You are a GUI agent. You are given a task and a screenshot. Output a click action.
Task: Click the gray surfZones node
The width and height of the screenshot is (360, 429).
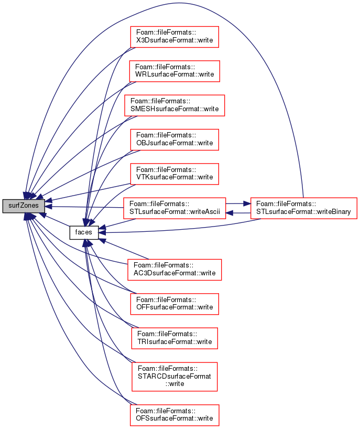click(24, 206)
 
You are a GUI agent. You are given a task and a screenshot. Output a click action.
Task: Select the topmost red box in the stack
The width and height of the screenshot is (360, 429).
click(174, 37)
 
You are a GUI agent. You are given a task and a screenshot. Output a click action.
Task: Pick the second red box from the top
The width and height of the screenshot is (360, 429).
click(174, 71)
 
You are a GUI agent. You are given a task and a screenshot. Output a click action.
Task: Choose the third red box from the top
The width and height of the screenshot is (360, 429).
click(174, 105)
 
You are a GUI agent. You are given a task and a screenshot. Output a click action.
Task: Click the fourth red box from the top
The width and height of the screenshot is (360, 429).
click(174, 140)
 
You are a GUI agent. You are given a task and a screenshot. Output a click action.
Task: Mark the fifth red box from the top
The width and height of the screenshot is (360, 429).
click(174, 174)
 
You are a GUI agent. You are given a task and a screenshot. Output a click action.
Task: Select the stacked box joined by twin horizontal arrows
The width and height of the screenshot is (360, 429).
click(174, 208)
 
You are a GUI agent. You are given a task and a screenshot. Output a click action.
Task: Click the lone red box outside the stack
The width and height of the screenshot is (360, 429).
click(303, 208)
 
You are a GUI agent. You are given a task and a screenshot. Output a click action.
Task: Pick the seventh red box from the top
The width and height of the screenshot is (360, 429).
click(174, 270)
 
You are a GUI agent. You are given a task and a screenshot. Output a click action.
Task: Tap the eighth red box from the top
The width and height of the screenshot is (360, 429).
click(174, 304)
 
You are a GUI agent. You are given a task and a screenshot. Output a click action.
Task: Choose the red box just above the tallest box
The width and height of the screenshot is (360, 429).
click(174, 338)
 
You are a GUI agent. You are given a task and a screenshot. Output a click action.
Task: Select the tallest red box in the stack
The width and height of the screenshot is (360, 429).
click(174, 377)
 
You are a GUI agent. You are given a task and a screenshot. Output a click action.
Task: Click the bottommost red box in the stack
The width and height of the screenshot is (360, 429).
click(174, 415)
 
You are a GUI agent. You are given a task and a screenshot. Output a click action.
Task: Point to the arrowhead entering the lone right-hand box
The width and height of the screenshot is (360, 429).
click(247, 203)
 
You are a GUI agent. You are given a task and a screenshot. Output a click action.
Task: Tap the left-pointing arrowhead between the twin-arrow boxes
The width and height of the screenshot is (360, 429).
click(230, 213)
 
